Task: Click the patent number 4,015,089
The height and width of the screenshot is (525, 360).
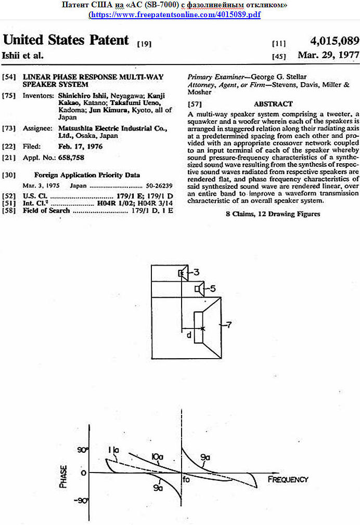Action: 334,41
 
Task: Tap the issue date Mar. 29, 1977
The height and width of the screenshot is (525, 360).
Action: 328,55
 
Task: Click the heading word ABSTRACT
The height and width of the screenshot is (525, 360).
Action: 273,104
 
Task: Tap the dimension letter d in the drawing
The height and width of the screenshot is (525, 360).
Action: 189,335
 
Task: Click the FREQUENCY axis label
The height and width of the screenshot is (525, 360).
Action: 288,479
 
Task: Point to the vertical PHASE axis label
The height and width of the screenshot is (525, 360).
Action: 63,475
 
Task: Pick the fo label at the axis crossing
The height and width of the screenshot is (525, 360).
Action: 187,480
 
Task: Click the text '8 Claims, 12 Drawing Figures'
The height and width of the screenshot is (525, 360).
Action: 273,214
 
